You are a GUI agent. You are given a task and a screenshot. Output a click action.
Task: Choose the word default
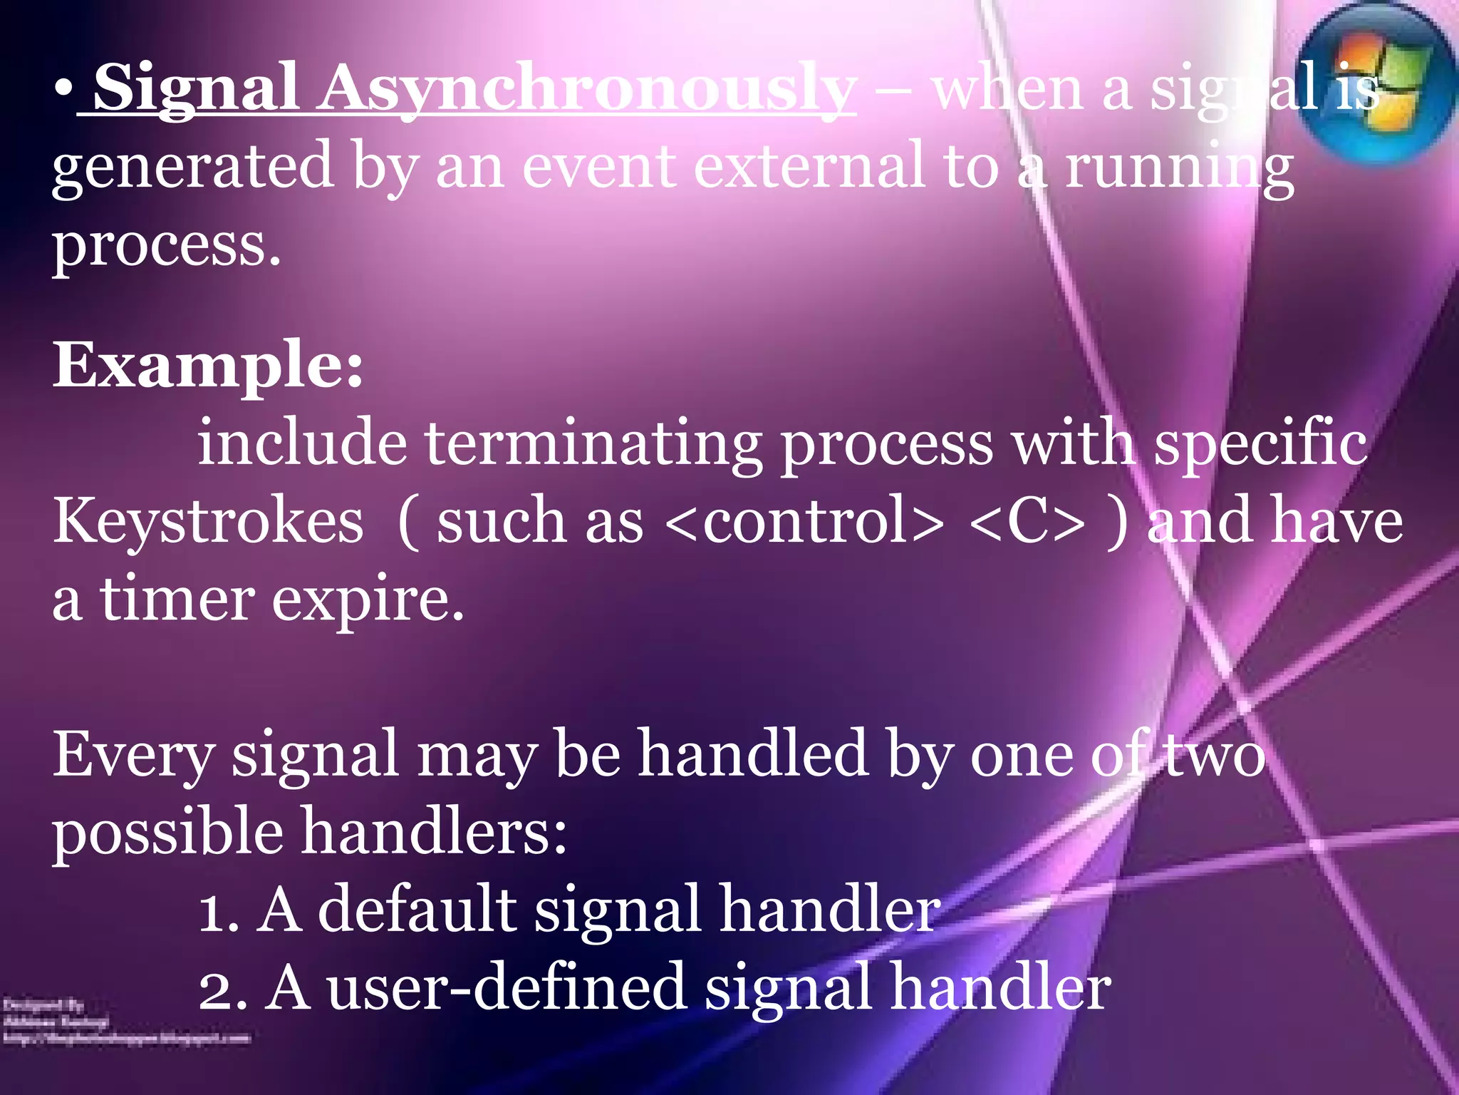[x=417, y=910]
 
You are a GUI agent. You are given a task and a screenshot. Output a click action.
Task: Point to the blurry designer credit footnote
[x=125, y=1022]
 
